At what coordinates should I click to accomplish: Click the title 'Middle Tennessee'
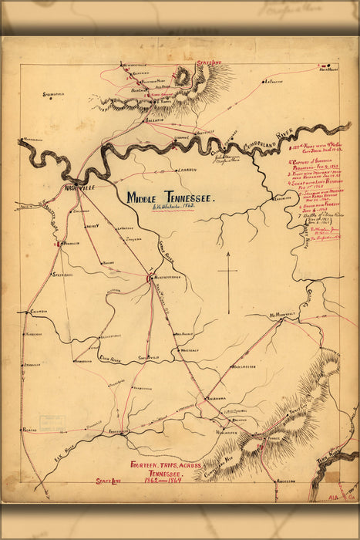pos(170,197)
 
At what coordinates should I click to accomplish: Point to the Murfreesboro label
pos(170,278)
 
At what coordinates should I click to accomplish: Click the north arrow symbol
pos(229,273)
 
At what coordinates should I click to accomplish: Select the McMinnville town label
pos(283,316)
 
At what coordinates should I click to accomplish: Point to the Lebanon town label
pos(186,170)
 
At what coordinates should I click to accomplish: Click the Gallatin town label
pos(154,120)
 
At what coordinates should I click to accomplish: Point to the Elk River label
pos(68,446)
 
